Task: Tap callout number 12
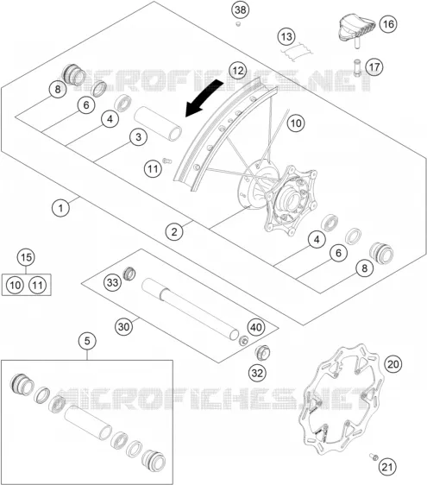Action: [238, 71]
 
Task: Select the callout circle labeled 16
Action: [388, 24]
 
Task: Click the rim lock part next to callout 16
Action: [356, 29]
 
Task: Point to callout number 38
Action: [241, 9]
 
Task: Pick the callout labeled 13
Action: [286, 37]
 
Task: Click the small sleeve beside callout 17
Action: [358, 67]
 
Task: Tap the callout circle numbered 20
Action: [392, 364]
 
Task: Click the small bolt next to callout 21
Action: [374, 457]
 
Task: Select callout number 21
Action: [387, 467]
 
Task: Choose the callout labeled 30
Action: [123, 326]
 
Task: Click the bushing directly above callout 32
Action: [262, 352]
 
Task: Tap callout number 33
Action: [112, 282]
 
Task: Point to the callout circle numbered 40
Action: [256, 327]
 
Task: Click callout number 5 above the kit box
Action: [87, 341]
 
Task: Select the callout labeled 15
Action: [26, 257]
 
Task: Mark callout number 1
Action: [60, 208]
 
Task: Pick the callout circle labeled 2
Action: [174, 231]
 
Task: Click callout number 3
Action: [138, 137]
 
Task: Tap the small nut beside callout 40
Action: [243, 341]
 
